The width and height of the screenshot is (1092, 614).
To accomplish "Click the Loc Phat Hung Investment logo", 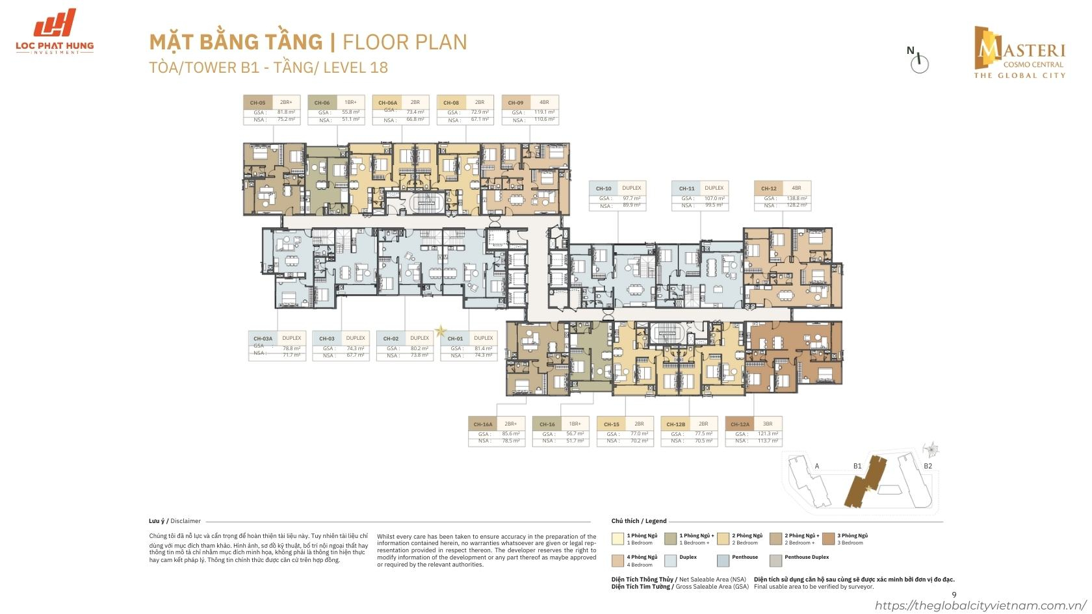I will [x=55, y=31].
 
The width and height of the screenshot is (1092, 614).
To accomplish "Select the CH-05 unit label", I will [x=257, y=103].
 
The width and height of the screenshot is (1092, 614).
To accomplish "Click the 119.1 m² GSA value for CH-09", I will [x=544, y=112].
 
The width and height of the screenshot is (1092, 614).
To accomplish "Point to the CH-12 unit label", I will [x=769, y=188].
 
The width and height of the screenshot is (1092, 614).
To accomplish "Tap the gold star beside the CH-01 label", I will [x=441, y=331].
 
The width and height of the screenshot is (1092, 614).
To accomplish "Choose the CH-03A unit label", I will [x=263, y=339].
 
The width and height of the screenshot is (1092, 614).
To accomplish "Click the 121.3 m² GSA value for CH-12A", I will [x=768, y=433].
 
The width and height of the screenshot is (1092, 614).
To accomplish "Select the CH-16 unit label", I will [x=547, y=424].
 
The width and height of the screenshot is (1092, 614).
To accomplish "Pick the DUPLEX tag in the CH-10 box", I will [x=631, y=188].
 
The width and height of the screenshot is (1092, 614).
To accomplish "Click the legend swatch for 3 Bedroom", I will [x=827, y=539].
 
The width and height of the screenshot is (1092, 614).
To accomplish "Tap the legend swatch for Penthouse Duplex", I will [x=775, y=560].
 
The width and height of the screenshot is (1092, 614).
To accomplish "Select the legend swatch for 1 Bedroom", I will [x=617, y=539].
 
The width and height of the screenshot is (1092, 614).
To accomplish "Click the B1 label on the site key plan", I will [x=857, y=466].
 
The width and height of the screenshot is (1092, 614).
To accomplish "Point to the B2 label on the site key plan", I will [x=928, y=466].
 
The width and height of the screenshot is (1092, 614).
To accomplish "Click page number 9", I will [x=954, y=595].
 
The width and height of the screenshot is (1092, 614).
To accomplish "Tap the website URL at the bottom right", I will [x=981, y=606].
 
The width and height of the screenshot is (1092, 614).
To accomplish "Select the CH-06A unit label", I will [x=387, y=103].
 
